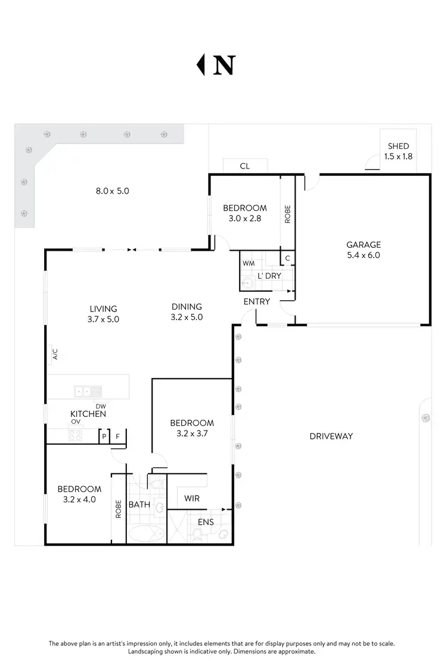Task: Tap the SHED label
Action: [x=398, y=146]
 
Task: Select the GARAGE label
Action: [x=363, y=244]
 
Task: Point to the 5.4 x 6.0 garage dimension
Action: [x=363, y=255]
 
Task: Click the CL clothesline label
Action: [x=244, y=166]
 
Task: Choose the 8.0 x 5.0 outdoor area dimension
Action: [x=113, y=191]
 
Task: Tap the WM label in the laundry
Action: [x=248, y=263]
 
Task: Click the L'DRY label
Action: [x=269, y=276]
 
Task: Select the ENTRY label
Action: [x=257, y=301]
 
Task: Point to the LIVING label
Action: [x=104, y=308]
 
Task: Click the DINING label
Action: [x=187, y=307]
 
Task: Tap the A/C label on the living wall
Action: [x=55, y=355]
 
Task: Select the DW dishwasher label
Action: [x=101, y=406]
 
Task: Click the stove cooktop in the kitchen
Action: [x=76, y=435]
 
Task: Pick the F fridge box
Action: [x=118, y=437]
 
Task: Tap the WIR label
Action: [x=192, y=497]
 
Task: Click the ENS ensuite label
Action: [x=206, y=522]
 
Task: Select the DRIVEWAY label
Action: [x=331, y=436]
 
